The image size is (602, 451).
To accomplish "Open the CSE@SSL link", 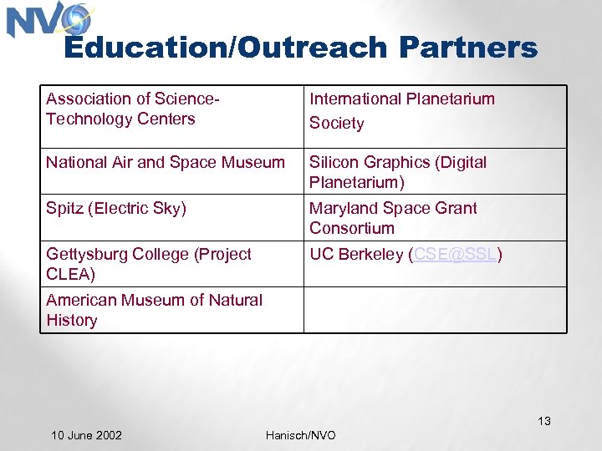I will [x=455, y=255].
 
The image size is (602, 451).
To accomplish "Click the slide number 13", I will [x=544, y=421].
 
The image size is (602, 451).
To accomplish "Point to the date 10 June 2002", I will [x=86, y=435].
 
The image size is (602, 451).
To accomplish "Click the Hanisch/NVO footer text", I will [x=300, y=435].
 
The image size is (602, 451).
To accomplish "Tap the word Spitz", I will [x=64, y=209].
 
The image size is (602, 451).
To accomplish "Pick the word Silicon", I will [x=332, y=162].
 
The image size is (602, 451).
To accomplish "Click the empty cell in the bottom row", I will [x=435, y=310].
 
